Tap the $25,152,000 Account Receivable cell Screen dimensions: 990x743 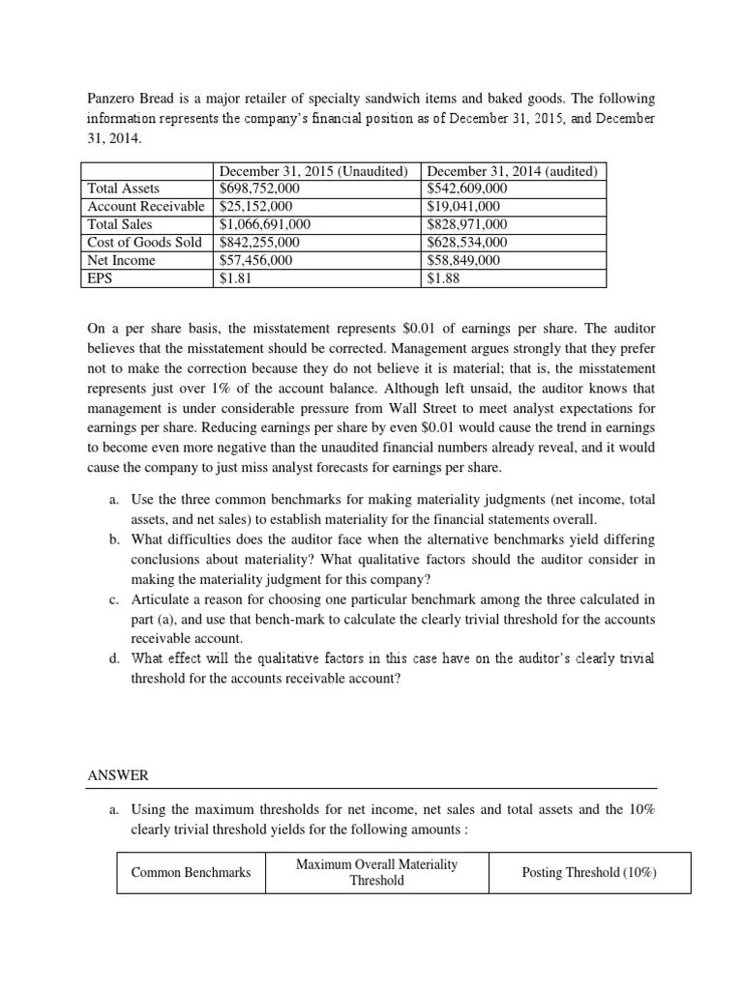256,207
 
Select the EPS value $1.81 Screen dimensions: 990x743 235,279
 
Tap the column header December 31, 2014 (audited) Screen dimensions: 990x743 513,171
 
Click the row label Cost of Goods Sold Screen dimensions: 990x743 145,243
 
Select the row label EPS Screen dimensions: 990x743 100,279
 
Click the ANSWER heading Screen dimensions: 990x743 118,775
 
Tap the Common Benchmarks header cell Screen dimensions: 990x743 191,872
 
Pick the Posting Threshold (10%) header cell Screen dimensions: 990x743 589,872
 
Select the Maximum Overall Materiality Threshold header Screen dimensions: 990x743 376,872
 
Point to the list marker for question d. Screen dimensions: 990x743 114,658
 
